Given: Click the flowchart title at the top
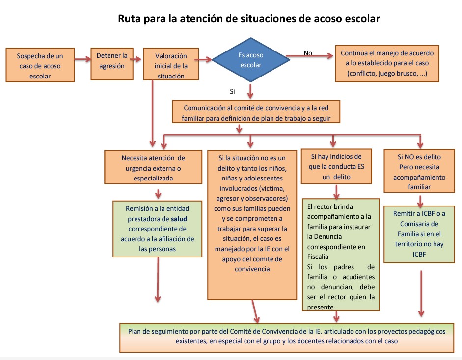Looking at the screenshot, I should pos(248,19).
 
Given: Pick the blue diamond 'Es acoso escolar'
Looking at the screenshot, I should pos(250,60).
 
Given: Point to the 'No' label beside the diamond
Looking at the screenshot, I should pos(308,52).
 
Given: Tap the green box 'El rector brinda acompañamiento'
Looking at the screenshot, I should pos(341,254).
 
